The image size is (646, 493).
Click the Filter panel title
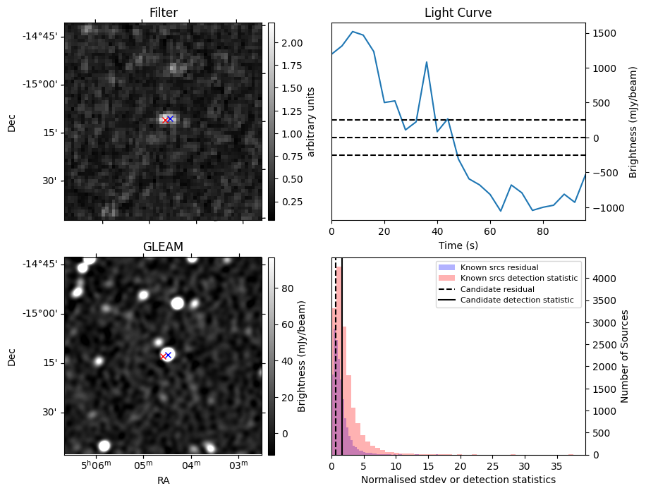pos(164,13)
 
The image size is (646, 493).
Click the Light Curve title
pos(458,13)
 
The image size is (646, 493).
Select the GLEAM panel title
pos(164,247)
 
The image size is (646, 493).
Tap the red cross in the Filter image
pos(165,121)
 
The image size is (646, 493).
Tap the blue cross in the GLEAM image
pos(169,355)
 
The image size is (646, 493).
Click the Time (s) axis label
pos(458,244)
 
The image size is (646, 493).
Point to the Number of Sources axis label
pos(625,355)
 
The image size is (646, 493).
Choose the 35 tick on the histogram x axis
pos(559,465)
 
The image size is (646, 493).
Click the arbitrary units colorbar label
pos(311,121)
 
